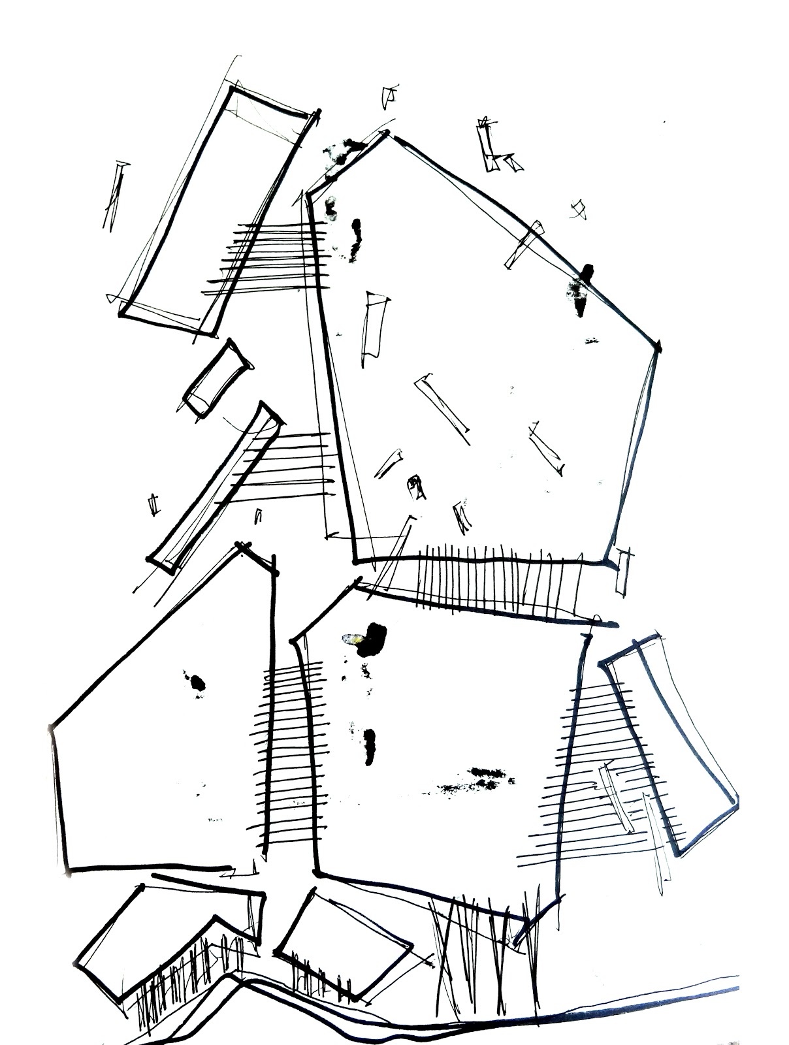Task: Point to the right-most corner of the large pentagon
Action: click(x=658, y=345)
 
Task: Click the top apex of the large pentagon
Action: click(x=387, y=134)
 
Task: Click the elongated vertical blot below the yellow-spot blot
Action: click(x=370, y=745)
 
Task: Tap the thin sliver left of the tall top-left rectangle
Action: click(x=114, y=196)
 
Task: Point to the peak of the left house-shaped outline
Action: click(x=243, y=545)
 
